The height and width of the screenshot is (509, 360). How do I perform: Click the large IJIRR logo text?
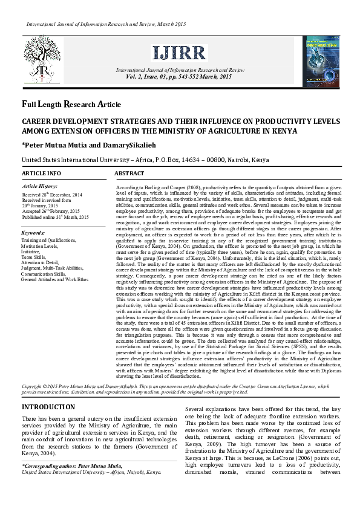point(179,53)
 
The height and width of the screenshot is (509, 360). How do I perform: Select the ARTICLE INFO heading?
point(41,173)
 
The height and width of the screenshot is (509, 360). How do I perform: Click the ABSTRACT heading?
point(129,173)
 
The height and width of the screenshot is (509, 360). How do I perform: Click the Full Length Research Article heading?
point(71,104)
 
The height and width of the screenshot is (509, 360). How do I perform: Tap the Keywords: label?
point(33,232)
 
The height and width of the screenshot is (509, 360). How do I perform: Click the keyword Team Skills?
point(34,256)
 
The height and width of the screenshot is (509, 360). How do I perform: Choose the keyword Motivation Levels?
point(41,245)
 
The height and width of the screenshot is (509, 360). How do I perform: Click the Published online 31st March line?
point(55,216)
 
